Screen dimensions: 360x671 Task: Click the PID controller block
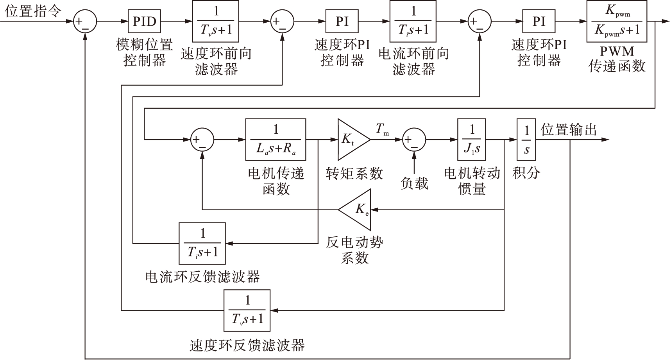coord(144,21)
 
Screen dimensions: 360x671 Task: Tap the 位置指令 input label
coord(33,11)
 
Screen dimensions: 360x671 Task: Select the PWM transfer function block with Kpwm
coord(617,21)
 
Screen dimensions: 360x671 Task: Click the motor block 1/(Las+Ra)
coord(276,140)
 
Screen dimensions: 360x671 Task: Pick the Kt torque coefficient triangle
coord(351,140)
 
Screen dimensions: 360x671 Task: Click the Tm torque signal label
coord(382,129)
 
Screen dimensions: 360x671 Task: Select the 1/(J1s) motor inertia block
coord(472,140)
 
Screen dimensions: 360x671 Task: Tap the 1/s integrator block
coord(526,140)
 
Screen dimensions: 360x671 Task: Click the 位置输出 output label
coord(569,129)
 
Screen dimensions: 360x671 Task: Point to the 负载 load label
coord(414,183)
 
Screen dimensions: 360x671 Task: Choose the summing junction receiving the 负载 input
coord(414,140)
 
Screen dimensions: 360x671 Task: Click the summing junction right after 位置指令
coord(85,21)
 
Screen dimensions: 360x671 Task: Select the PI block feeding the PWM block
coord(539,21)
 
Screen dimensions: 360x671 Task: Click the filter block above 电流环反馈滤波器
coord(202,244)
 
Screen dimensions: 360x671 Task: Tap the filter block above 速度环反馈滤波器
coord(247,310)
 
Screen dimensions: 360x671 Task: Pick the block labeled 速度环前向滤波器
coord(216,21)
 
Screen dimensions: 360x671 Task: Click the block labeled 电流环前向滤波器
coord(413,21)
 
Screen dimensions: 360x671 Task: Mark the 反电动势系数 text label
coord(354,250)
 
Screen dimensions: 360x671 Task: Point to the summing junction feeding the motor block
coord(202,140)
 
